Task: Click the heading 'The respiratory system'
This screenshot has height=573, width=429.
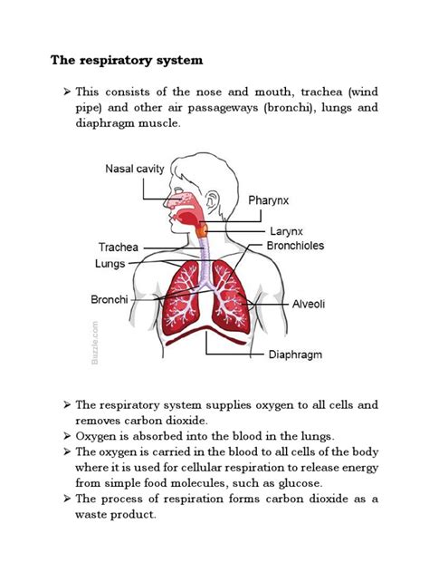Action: coord(126,61)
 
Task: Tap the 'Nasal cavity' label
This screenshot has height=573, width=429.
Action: coord(134,168)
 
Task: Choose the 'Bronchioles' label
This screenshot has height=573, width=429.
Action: coord(294,246)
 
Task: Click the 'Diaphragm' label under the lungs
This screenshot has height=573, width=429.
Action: coord(295,354)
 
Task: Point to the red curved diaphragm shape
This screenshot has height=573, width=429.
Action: coord(209,332)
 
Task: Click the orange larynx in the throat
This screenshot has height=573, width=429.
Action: coord(205,232)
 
